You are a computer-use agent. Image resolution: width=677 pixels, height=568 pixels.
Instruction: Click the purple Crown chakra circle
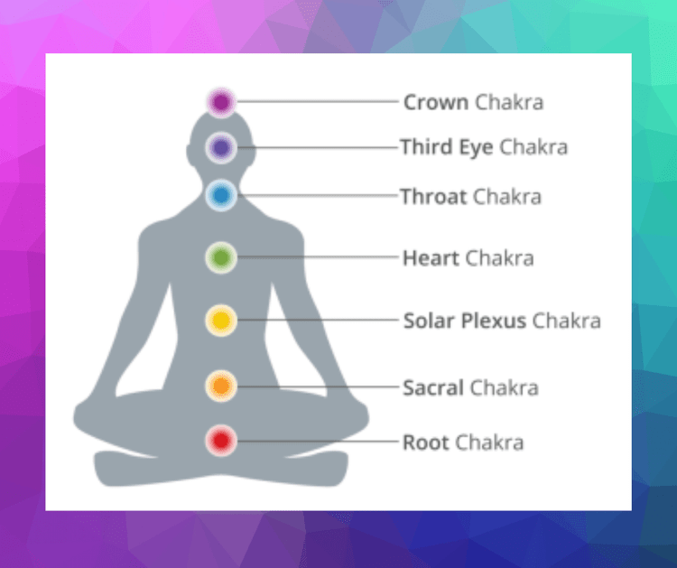pyautogui.click(x=220, y=102)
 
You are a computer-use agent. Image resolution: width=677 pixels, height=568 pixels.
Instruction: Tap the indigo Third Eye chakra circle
pyautogui.click(x=220, y=146)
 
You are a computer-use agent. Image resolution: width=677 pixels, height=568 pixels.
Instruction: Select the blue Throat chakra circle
pyautogui.click(x=220, y=195)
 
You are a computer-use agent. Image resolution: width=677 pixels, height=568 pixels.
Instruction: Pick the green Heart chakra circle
pyautogui.click(x=220, y=258)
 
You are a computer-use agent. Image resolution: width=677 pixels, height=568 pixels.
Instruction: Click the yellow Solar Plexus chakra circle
pyautogui.click(x=220, y=320)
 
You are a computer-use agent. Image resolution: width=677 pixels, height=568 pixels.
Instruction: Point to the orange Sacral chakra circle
pyautogui.click(x=220, y=387)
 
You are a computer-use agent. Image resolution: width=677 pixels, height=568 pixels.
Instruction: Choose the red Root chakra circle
pyautogui.click(x=220, y=442)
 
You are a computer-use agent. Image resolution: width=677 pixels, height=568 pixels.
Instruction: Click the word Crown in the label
pyautogui.click(x=435, y=102)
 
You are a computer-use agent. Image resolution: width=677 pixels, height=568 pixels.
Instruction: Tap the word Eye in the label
pyautogui.click(x=476, y=146)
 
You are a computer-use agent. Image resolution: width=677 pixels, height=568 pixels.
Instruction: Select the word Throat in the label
pyautogui.click(x=433, y=196)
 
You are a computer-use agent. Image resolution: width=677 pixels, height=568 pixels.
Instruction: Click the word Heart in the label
pyautogui.click(x=431, y=258)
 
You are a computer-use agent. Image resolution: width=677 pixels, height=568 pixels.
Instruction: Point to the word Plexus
pyautogui.click(x=494, y=321)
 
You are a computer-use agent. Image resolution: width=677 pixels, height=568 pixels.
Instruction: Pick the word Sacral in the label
pyautogui.click(x=432, y=388)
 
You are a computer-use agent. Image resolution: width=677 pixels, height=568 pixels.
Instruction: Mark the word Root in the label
pyautogui.click(x=425, y=442)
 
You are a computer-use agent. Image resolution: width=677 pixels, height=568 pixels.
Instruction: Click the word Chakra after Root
pyautogui.click(x=489, y=442)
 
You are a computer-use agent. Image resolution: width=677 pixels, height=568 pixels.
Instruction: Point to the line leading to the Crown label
pyautogui.click(x=316, y=102)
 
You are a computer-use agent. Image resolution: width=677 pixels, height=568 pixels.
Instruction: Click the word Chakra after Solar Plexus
pyautogui.click(x=566, y=321)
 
